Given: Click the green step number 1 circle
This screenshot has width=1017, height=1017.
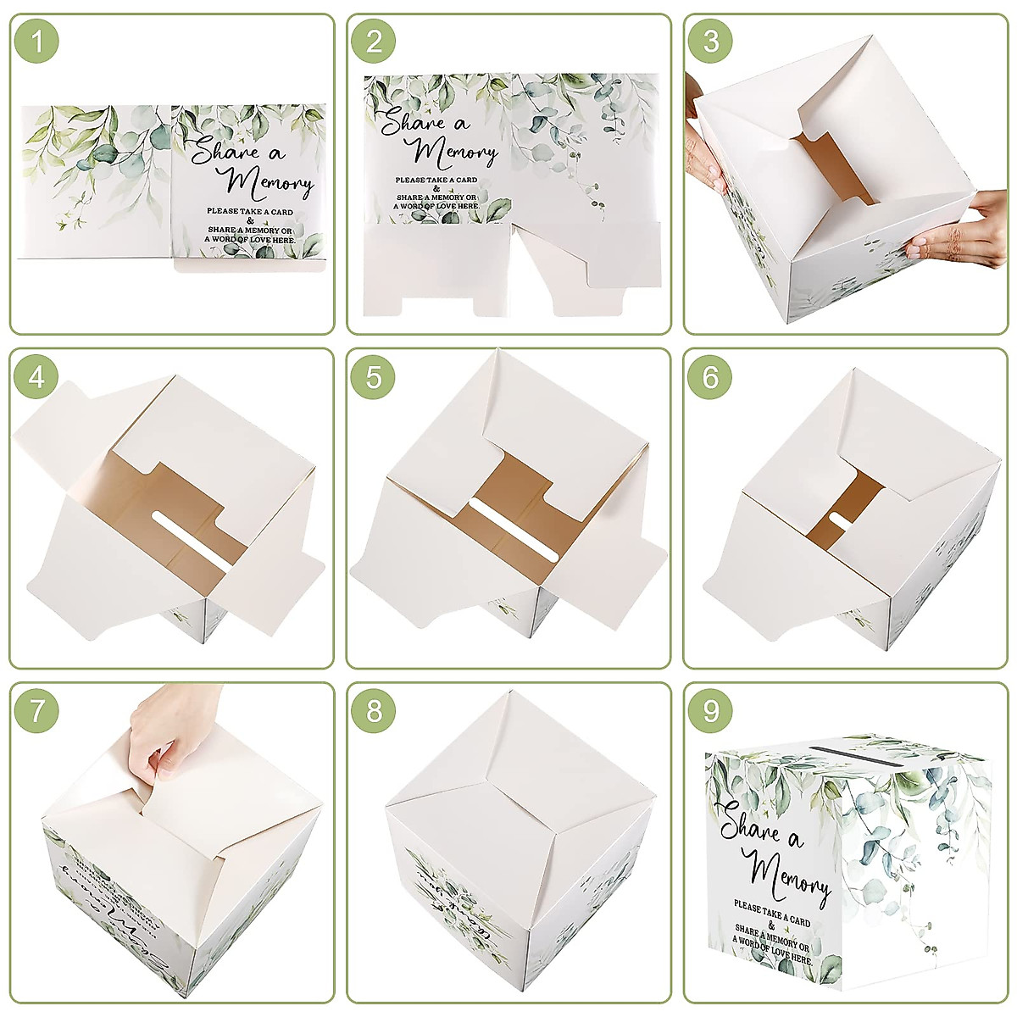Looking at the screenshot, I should (x=37, y=42).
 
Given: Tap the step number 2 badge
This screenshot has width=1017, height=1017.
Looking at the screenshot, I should (x=375, y=42).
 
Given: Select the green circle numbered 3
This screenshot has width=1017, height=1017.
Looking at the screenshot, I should (x=711, y=42).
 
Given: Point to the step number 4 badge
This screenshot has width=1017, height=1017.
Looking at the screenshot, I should (x=37, y=376).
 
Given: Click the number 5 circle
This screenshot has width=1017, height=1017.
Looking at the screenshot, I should (x=375, y=376).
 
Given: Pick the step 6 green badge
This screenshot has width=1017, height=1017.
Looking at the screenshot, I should (x=711, y=376).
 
